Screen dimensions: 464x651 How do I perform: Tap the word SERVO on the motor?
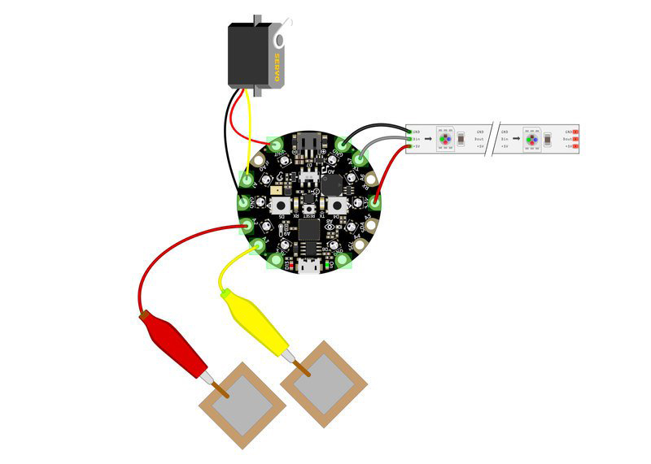tap(277, 67)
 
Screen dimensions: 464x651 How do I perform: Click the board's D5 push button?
tap(338, 203)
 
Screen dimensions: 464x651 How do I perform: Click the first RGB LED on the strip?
tap(445, 139)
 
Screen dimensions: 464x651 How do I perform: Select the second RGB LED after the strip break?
tap(531, 139)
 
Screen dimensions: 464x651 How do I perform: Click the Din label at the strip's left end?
tap(416, 139)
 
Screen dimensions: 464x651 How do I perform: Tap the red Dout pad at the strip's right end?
tap(575, 139)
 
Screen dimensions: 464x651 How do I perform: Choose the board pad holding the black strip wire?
tap(340, 147)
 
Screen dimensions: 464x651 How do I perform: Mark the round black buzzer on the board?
tap(331, 184)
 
